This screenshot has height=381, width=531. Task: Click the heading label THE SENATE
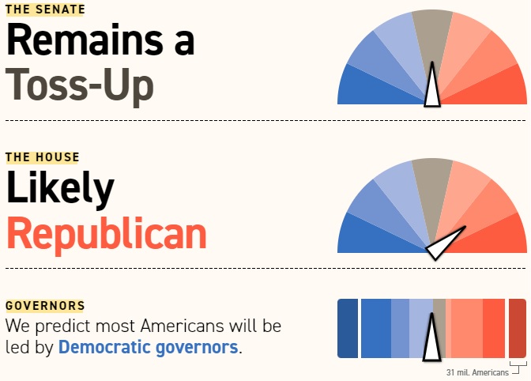click(x=45, y=10)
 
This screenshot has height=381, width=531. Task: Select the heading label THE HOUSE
click(x=43, y=157)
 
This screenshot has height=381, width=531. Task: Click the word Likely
click(x=60, y=189)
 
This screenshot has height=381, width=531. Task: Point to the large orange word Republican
click(x=106, y=233)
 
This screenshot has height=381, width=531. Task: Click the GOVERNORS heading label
click(x=45, y=306)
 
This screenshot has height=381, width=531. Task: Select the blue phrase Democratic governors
click(x=148, y=347)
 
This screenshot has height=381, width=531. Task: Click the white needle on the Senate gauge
click(x=431, y=89)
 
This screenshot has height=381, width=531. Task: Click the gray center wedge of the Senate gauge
click(x=431, y=36)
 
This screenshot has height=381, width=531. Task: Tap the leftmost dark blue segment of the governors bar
click(x=348, y=328)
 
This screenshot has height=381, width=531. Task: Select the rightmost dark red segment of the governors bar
click(x=518, y=328)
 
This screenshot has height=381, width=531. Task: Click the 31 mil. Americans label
click(x=476, y=372)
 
